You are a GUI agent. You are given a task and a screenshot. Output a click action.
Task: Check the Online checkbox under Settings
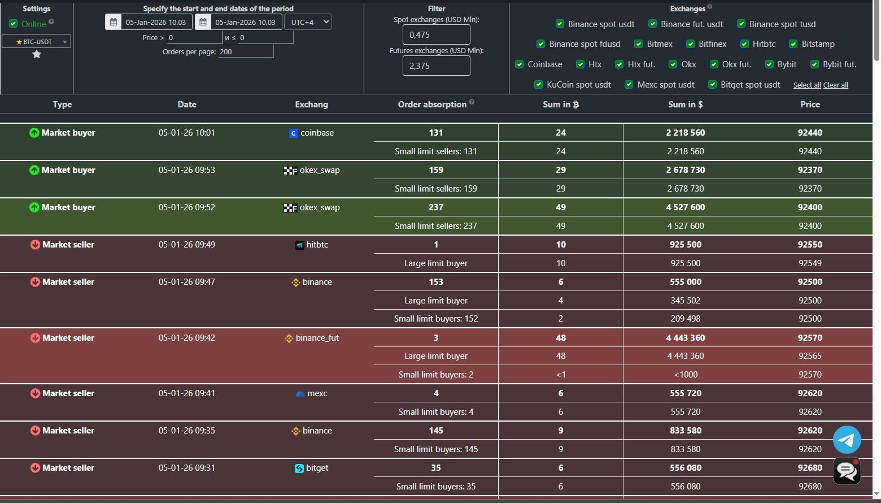[x=14, y=24]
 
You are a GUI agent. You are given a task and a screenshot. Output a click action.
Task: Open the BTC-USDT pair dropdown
[x=37, y=41]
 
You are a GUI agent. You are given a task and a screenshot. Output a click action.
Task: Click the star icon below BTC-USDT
[x=37, y=54]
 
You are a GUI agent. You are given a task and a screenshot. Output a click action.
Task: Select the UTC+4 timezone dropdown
[x=307, y=22]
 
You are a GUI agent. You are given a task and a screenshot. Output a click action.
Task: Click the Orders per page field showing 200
[x=245, y=51]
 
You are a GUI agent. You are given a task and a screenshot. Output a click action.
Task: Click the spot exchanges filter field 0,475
[x=436, y=34]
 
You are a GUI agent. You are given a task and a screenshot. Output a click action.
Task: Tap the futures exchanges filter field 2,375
[x=436, y=66]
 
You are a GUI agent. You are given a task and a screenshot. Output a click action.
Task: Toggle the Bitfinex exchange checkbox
[x=690, y=44]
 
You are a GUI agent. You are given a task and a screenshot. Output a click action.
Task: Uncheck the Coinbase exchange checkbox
[x=520, y=64]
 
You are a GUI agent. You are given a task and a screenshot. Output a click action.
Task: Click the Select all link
[x=807, y=85]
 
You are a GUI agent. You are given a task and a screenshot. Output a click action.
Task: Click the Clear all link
[x=836, y=85]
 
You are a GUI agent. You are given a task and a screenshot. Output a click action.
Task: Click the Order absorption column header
[x=432, y=105]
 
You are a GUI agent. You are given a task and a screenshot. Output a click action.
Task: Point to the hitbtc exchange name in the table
[x=317, y=245]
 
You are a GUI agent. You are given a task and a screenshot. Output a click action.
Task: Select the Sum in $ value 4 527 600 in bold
[x=685, y=207]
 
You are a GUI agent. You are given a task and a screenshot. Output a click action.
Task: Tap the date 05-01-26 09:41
[x=186, y=393]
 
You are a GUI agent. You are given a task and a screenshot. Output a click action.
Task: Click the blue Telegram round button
[x=847, y=440]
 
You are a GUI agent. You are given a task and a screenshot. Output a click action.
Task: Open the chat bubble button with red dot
[x=847, y=471]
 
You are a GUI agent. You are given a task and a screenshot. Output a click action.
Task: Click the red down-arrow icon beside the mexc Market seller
[x=35, y=393]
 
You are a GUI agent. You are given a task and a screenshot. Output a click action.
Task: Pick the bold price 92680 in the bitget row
[x=809, y=468]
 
